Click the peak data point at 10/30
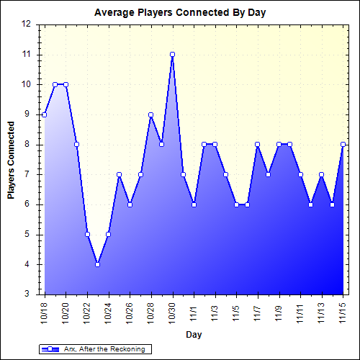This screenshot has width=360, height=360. (x=173, y=55)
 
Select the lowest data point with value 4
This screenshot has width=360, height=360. (x=98, y=264)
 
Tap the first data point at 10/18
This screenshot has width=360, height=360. (x=45, y=114)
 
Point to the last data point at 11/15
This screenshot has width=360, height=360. (x=343, y=145)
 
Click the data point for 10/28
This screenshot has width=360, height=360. (x=151, y=114)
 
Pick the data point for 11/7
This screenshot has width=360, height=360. (x=258, y=145)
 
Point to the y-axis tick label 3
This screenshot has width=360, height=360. (x=28, y=294)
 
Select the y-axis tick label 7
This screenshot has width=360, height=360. (x=28, y=174)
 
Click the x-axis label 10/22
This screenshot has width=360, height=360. (x=88, y=312)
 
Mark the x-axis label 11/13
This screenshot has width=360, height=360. (x=322, y=312)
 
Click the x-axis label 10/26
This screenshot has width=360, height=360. (x=130, y=312)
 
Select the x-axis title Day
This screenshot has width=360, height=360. (x=194, y=335)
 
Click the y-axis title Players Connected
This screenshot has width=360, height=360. (x=11, y=159)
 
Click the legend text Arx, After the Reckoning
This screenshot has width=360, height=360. (x=105, y=349)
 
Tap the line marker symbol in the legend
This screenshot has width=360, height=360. (x=53, y=349)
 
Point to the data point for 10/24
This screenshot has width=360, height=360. (x=109, y=234)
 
